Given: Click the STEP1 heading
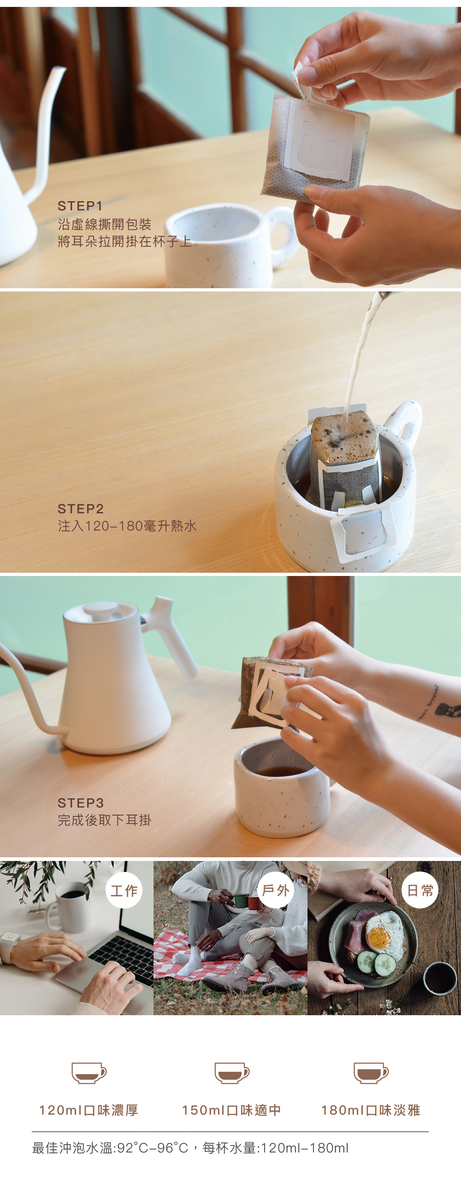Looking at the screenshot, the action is click(x=80, y=206).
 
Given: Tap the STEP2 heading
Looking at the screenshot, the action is click(x=81, y=509).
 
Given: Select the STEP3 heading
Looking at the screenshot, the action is click(x=81, y=803).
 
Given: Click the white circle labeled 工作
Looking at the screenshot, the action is click(x=124, y=890).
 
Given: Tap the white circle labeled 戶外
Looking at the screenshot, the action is click(x=276, y=890).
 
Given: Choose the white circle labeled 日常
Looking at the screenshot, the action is click(x=420, y=890).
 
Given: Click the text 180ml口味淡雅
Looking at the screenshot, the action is click(x=371, y=1110).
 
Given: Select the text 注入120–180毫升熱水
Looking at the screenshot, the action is click(x=127, y=526).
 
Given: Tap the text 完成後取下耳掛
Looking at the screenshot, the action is click(x=104, y=820).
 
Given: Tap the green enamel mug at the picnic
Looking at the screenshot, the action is click(x=240, y=901).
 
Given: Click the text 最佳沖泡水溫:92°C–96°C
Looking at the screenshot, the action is click(x=110, y=1148).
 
